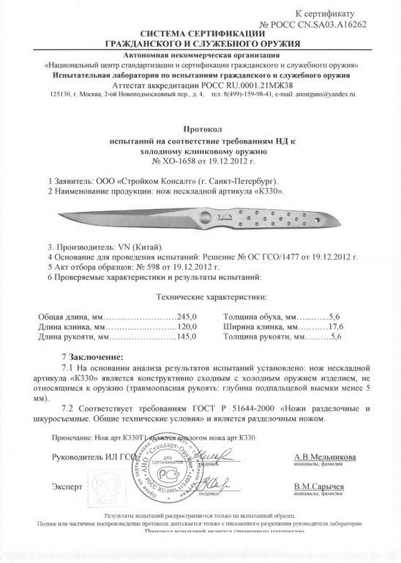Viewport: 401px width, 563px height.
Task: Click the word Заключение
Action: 95,356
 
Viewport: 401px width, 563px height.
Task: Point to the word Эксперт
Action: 68,486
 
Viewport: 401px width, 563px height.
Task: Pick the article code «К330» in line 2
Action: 268,190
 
